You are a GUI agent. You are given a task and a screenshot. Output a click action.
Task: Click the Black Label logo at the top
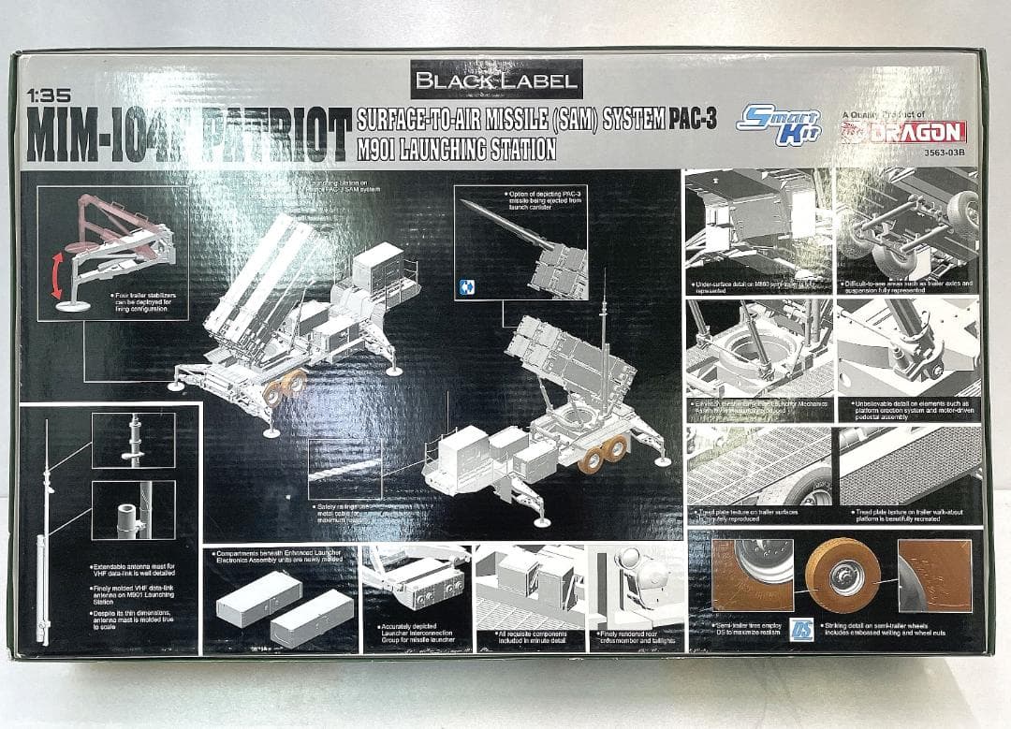click(496, 80)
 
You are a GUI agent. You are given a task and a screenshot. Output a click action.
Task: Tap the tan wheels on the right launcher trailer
click(603, 454)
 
